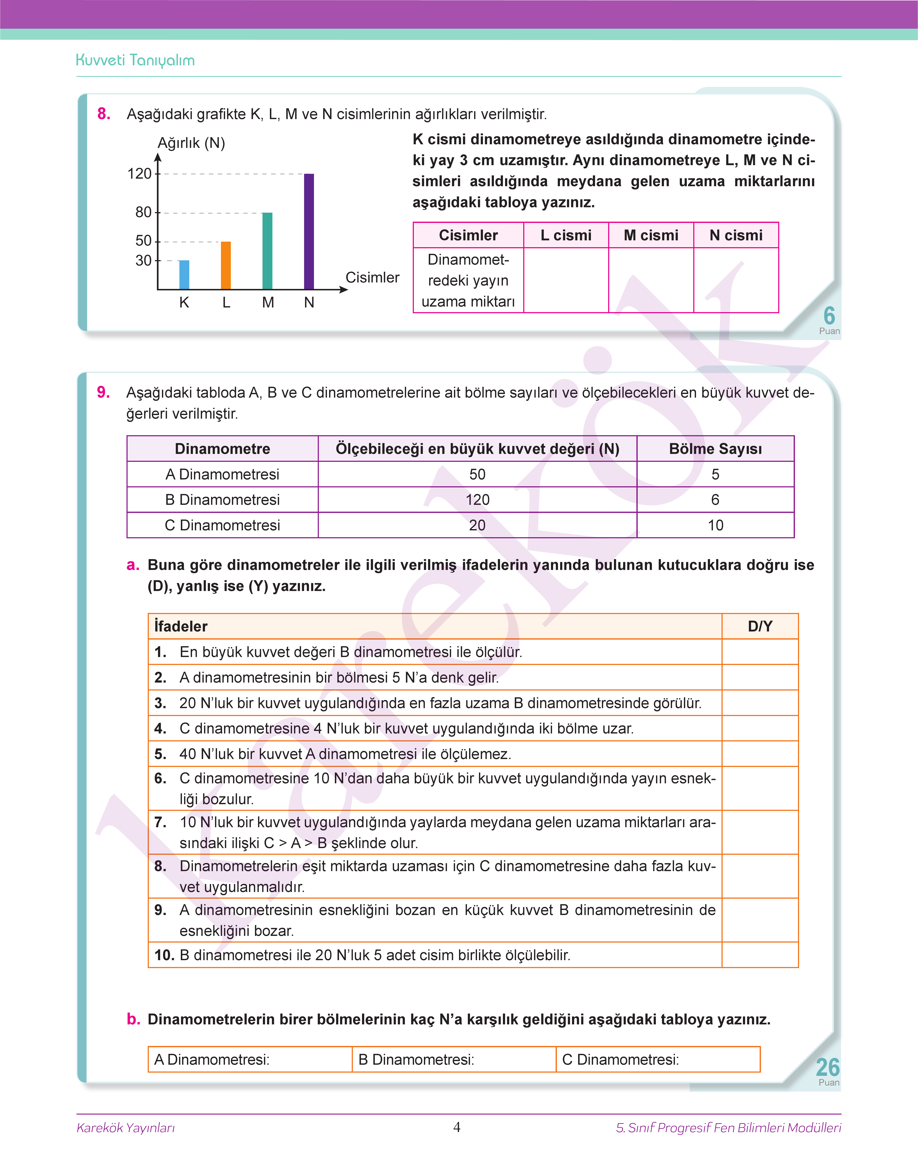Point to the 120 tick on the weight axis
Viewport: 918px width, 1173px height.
click(x=140, y=174)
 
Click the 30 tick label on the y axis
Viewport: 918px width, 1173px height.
click(x=144, y=261)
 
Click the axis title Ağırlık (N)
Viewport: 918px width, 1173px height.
click(x=191, y=143)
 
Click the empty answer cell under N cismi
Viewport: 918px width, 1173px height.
click(x=736, y=280)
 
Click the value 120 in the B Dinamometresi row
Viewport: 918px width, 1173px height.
click(x=477, y=500)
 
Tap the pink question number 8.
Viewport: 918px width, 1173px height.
click(x=104, y=114)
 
